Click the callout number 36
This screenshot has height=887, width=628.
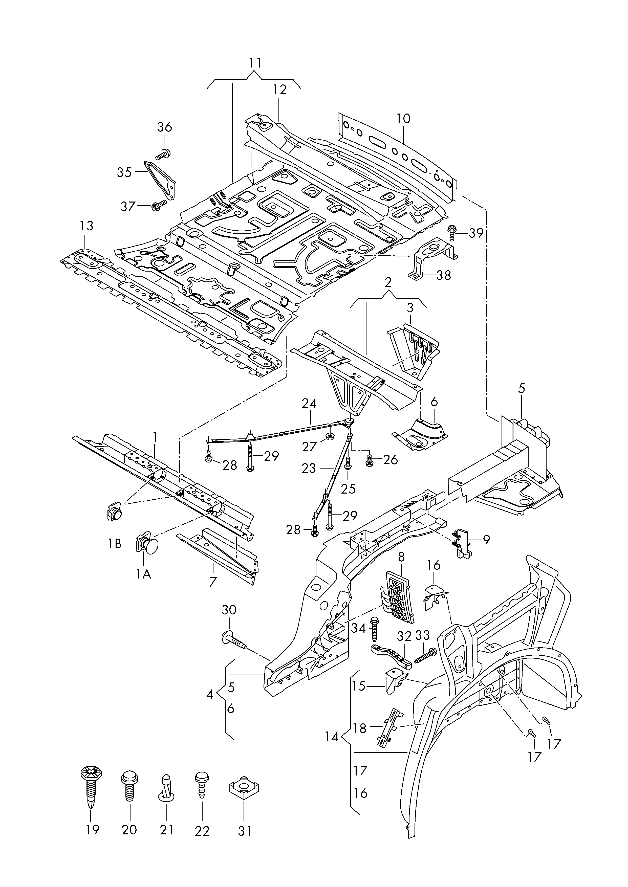[x=165, y=127]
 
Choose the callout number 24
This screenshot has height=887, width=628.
[x=309, y=404]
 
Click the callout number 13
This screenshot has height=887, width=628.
[x=86, y=226]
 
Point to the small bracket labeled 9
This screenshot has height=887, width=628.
[x=463, y=543]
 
